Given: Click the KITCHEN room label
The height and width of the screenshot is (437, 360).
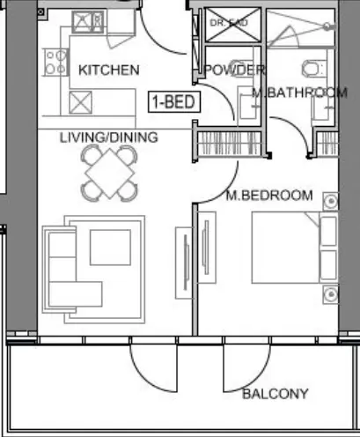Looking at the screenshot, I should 107,70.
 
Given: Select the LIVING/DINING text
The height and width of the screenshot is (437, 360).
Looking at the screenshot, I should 108,137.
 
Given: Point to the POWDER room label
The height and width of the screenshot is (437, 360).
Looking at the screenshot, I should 234,70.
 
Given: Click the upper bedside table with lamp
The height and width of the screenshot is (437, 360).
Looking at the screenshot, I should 330,200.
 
